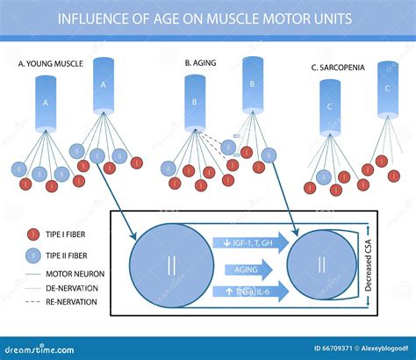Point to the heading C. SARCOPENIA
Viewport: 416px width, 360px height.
click(344, 67)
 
